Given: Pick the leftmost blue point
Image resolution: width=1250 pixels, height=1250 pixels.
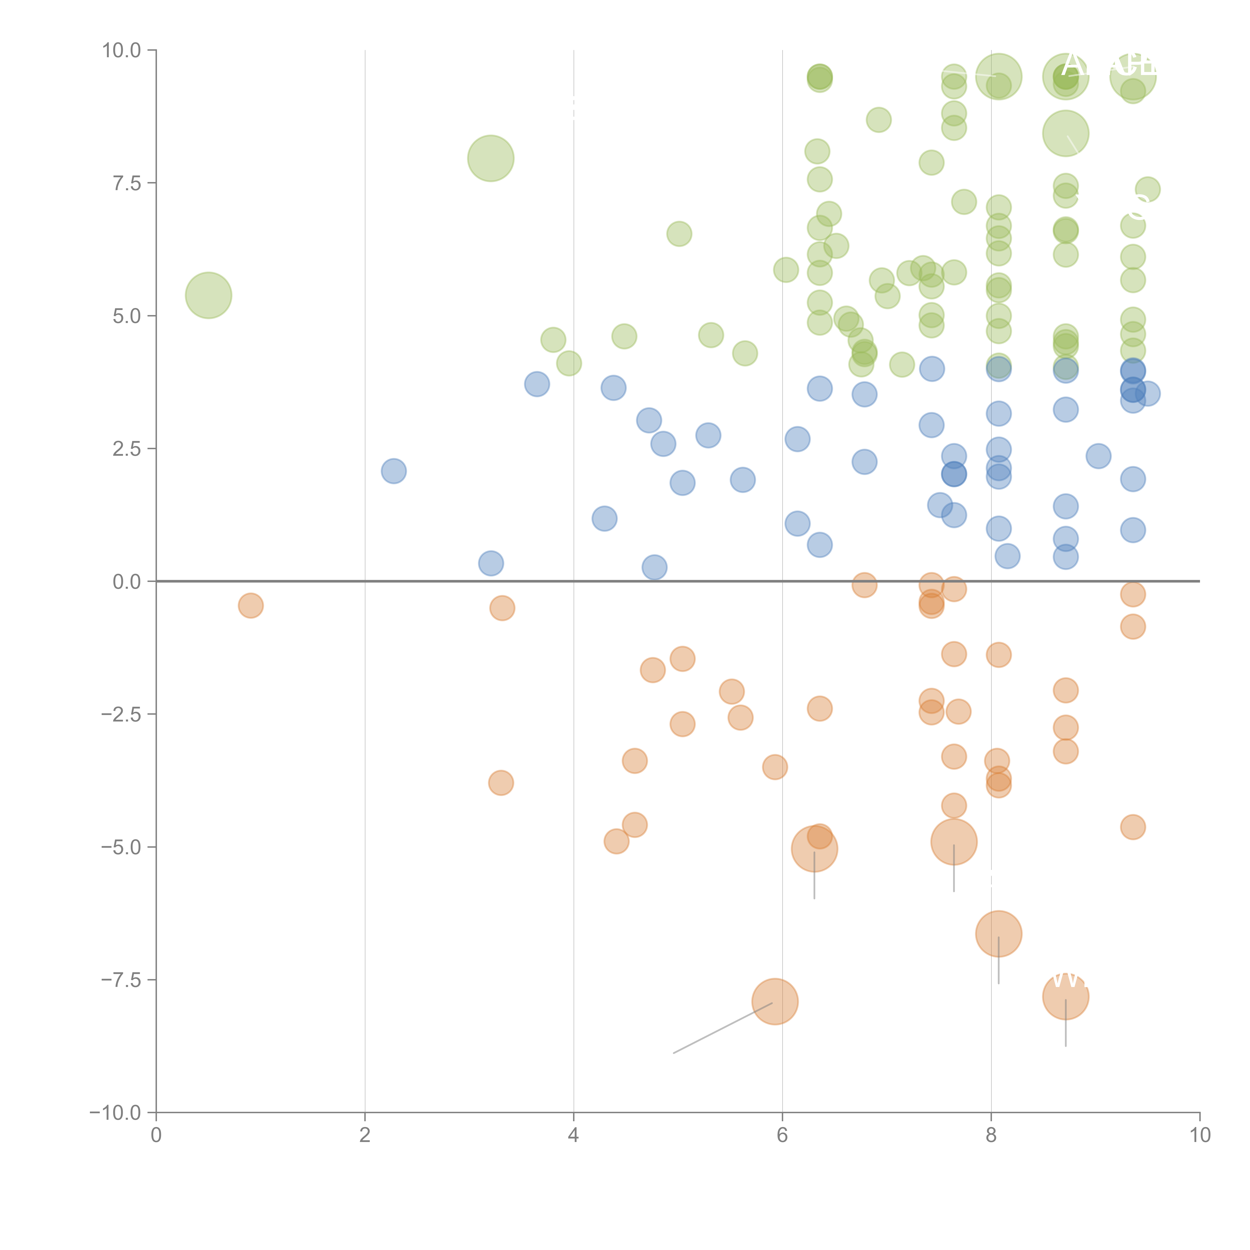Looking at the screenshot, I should [x=393, y=471].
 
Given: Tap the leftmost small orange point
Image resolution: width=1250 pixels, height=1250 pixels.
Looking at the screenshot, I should [x=250, y=605].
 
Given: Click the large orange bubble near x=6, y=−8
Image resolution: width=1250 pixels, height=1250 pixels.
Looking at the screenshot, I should [x=774, y=1001].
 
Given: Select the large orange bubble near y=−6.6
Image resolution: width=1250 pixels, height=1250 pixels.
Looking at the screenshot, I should [x=998, y=933].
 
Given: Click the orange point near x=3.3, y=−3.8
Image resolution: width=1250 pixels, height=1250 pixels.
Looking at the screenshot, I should [x=501, y=783].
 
